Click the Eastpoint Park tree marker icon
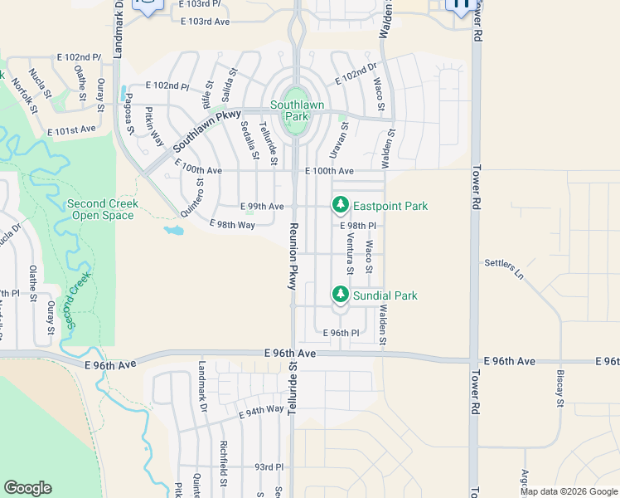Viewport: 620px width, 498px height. click(340, 205)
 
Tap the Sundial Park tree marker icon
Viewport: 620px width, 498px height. click(340, 295)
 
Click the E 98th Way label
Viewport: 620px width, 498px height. click(232, 225)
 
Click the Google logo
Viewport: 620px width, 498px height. click(28, 488)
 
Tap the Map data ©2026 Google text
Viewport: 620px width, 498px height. click(569, 491)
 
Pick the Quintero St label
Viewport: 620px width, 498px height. click(186, 198)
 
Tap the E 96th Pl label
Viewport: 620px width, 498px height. click(340, 333)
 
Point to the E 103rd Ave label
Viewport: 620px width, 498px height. click(205, 21)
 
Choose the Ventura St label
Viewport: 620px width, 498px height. click(350, 254)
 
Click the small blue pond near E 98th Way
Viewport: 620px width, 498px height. click(174, 230)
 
